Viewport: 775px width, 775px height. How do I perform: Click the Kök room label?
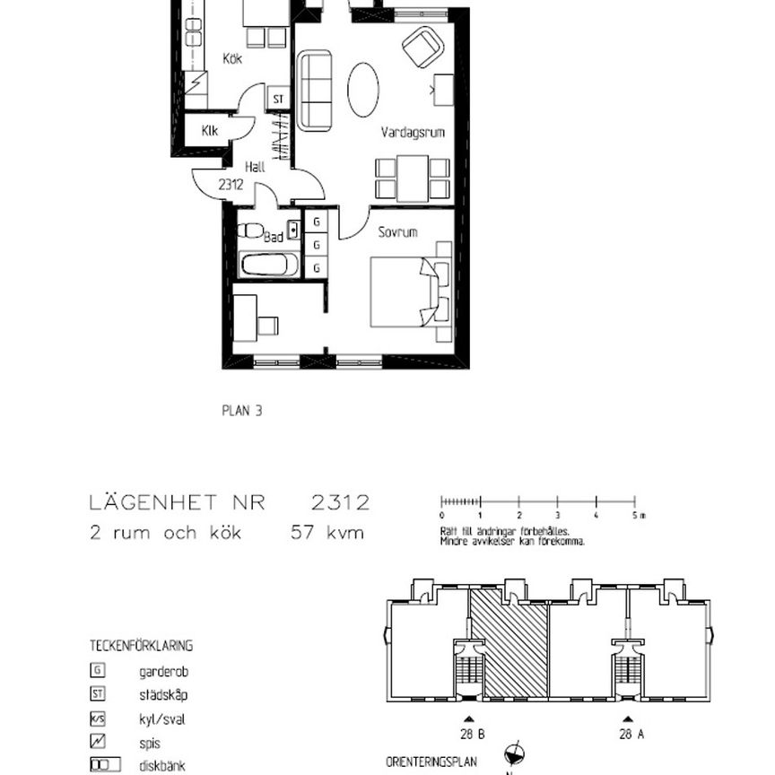[232, 59]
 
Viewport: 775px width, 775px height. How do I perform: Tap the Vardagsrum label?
[413, 133]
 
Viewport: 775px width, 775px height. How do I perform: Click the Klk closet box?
[210, 131]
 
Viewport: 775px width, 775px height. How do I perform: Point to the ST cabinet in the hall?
[278, 100]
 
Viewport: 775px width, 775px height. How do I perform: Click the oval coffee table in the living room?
[363, 89]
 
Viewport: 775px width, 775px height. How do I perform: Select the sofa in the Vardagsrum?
[315, 90]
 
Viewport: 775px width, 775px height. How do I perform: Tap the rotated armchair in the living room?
[422, 47]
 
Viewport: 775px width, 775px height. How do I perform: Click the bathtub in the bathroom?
[270, 265]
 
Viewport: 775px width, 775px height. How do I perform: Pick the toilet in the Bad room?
[250, 230]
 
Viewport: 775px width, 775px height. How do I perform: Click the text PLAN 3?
[241, 412]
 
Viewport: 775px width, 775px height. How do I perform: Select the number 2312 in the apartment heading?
[340, 503]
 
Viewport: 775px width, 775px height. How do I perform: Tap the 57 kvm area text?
[327, 533]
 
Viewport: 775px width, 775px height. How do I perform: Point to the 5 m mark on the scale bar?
[635, 516]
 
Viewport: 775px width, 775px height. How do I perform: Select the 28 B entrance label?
[473, 735]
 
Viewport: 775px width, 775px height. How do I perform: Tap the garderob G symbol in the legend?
[98, 670]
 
